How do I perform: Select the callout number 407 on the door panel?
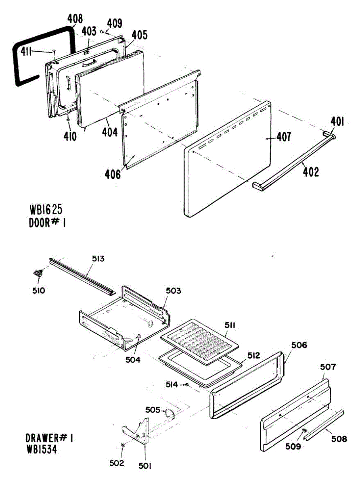coord(283,138)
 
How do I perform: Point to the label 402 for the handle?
coord(311,172)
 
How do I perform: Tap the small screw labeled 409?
coord(103,31)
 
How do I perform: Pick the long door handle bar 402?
coord(295,161)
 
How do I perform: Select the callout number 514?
coord(172,385)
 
